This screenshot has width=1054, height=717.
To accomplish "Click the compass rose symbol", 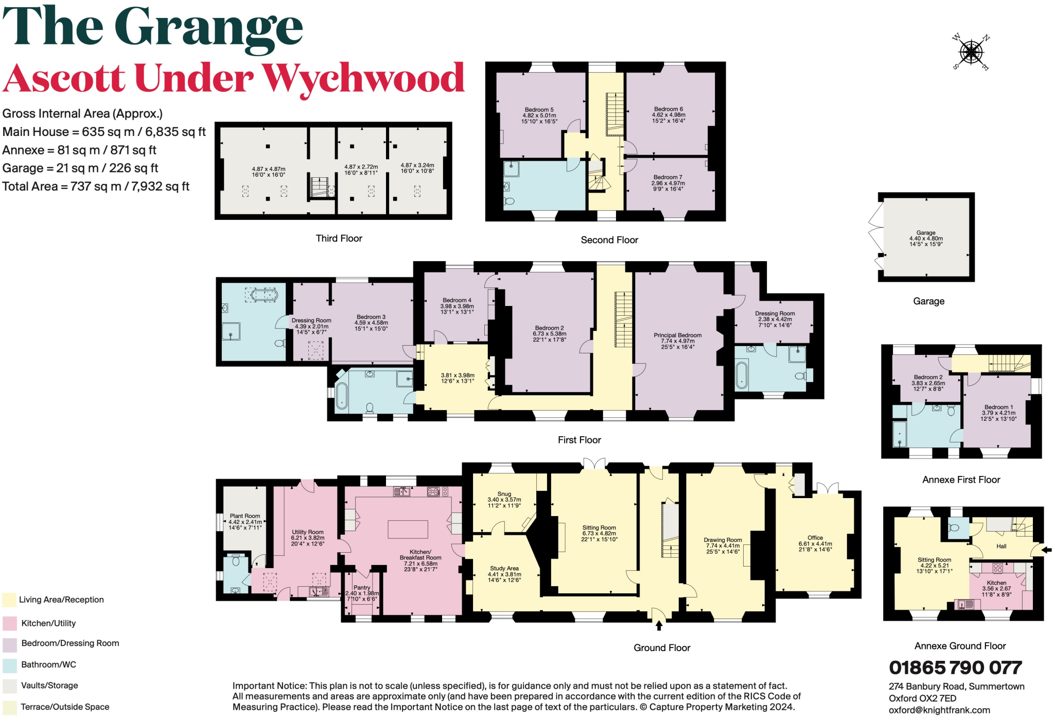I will point(971,52).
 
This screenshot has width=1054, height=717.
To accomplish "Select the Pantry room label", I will point(362,588).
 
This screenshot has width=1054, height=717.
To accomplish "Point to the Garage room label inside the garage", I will point(926,233).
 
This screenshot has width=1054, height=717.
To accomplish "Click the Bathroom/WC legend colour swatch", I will point(10,665).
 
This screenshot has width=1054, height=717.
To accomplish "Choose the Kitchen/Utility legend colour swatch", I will point(10,623).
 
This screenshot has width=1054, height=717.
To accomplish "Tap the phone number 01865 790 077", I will point(955,668).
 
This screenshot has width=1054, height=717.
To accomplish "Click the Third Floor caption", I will point(339,238).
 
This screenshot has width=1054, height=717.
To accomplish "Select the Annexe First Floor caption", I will point(961,480).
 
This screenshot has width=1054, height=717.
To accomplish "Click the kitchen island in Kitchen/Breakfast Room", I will point(408,529).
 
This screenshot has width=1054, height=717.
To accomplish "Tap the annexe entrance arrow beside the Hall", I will point(1046,550).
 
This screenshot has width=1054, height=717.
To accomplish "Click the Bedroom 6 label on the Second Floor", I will point(669,109).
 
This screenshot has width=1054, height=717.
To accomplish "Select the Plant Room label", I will point(245,516).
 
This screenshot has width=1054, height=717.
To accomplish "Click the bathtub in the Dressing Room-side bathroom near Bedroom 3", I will point(265,296).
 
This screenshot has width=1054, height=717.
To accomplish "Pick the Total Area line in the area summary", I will point(96,186).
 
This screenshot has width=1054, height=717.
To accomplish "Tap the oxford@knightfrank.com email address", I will point(939,710).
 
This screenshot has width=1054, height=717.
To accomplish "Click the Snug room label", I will point(504,494).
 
